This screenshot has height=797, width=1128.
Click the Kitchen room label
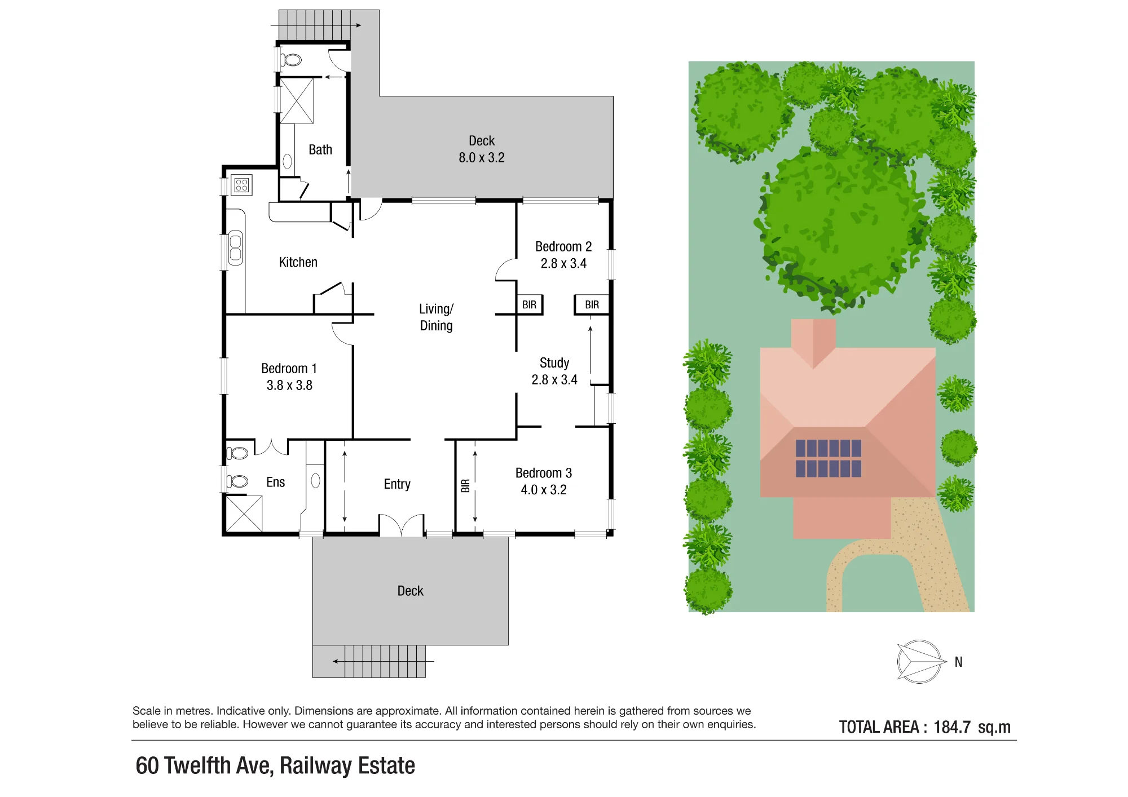(298, 262)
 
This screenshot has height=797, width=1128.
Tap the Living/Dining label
(436, 317)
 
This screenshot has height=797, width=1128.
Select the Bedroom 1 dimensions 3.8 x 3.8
(289, 386)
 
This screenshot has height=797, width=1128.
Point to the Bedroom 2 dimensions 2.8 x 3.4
(563, 264)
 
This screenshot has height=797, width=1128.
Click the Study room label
(554, 363)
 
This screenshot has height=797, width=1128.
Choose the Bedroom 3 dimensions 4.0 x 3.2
(544, 490)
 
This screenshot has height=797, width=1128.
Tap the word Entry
(397, 484)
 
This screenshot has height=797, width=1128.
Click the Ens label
(276, 482)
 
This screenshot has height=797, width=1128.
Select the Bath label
(320, 150)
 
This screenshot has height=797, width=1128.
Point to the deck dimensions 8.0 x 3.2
(482, 158)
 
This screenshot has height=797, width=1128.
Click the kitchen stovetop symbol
(242, 185)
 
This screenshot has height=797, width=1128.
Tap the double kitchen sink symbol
(235, 249)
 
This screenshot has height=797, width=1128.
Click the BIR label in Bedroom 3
(465, 485)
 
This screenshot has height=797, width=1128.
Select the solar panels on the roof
(829, 459)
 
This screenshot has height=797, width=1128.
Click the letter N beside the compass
(958, 662)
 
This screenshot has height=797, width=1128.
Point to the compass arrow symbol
(919, 662)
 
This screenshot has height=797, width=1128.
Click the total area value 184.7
(952, 727)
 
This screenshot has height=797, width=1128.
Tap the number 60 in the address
(147, 766)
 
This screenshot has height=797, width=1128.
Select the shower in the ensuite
(244, 513)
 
